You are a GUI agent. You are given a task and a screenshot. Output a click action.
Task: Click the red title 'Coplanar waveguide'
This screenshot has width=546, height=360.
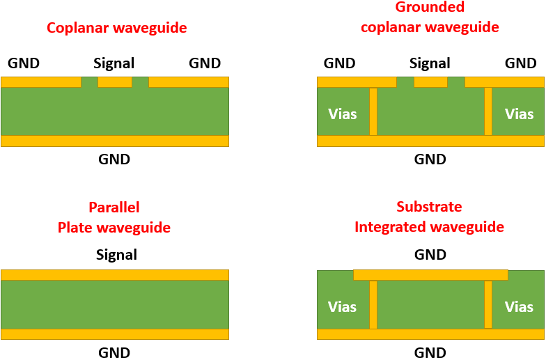click(x=116, y=29)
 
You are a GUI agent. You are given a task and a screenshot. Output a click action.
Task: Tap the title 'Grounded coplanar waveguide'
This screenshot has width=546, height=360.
click(x=430, y=17)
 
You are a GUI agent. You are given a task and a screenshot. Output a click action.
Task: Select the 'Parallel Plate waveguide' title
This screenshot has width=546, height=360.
click(x=114, y=217)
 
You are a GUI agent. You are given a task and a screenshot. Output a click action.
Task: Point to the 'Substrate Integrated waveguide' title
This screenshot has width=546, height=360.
click(x=429, y=217)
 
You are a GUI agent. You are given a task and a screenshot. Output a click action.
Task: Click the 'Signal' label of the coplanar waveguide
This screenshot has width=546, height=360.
click(x=114, y=63)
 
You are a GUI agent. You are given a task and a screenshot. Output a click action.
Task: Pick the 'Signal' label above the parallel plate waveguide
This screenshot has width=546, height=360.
click(x=117, y=255)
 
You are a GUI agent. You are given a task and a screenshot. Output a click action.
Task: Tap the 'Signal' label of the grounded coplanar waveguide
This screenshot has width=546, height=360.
click(x=430, y=63)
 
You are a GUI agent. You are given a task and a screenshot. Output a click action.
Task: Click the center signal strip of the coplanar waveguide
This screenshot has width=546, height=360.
click(x=115, y=82)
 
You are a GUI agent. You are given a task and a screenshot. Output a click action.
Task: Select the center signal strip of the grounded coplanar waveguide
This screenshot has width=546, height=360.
click(x=430, y=82)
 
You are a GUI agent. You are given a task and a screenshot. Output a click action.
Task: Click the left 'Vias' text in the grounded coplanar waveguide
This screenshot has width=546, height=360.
click(x=342, y=114)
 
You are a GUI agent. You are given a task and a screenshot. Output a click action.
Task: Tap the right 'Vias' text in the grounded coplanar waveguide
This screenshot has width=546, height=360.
click(x=519, y=114)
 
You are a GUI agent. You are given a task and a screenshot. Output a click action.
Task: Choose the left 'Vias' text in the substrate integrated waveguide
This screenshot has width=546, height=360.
click(x=342, y=306)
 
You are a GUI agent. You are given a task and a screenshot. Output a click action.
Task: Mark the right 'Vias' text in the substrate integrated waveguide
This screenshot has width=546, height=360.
click(x=519, y=306)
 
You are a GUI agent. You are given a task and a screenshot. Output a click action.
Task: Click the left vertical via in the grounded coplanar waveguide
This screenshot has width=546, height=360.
click(x=373, y=111)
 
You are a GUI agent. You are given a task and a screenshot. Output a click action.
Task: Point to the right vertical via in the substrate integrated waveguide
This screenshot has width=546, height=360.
click(x=488, y=304)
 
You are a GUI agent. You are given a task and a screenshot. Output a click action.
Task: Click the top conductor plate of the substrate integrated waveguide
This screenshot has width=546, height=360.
click(x=430, y=275)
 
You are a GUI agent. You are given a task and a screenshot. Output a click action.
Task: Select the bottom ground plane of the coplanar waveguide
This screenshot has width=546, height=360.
click(x=115, y=141)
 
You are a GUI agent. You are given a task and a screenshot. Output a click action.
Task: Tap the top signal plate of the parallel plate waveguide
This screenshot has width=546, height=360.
click(x=115, y=274)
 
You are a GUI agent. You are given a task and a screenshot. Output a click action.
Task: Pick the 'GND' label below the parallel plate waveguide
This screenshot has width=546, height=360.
click(x=114, y=352)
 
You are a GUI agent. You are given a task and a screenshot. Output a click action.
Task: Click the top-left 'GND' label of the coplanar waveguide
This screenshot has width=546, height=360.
click(x=24, y=63)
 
